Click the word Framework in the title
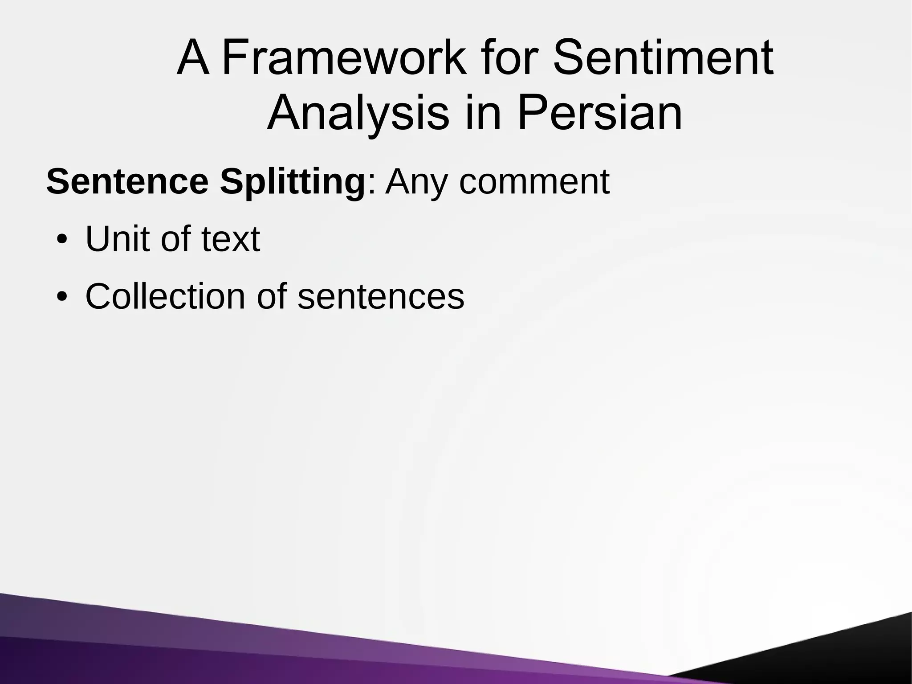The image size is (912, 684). coord(344,58)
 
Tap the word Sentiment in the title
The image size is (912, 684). coord(663,58)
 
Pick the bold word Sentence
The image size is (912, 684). coord(127,182)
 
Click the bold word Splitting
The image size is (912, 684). coord(293,182)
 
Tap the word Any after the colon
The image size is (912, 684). coord(415,182)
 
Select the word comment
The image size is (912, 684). coord(534,182)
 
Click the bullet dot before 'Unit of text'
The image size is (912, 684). coord(62,240)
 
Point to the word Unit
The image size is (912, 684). coord(117,239)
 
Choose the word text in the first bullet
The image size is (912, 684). coord(231,239)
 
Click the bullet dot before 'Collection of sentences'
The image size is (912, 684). coord(62,297)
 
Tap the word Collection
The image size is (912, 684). coord(165,296)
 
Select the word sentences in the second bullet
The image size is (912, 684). coord(381,296)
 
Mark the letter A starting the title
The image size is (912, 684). coord(193,58)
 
